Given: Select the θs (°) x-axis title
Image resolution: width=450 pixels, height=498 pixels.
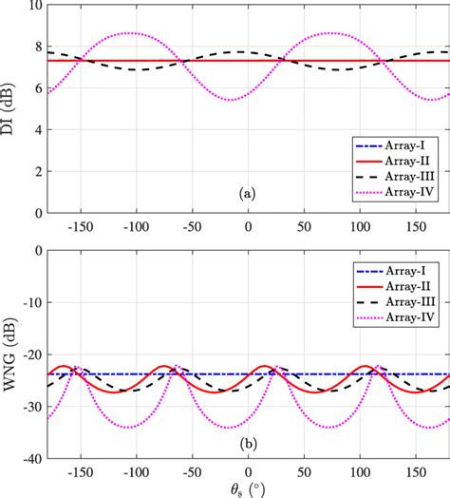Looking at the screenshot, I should click(248, 488).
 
